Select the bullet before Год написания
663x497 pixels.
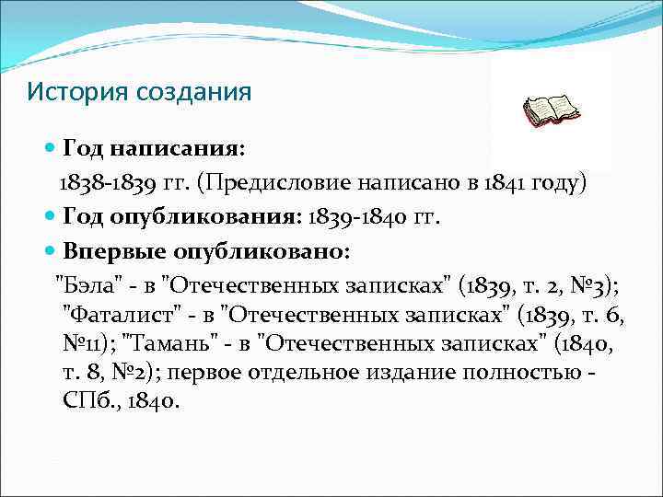51,147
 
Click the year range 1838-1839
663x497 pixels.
106,182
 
